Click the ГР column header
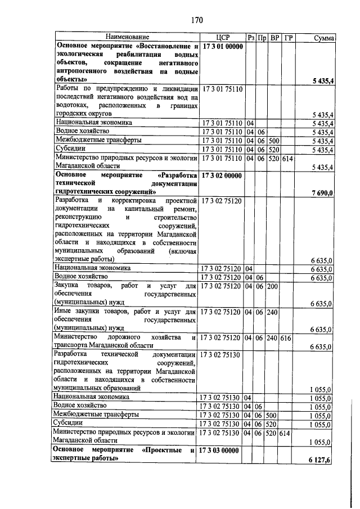(x=288, y=38)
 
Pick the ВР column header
(x=274, y=38)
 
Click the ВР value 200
(x=273, y=287)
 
